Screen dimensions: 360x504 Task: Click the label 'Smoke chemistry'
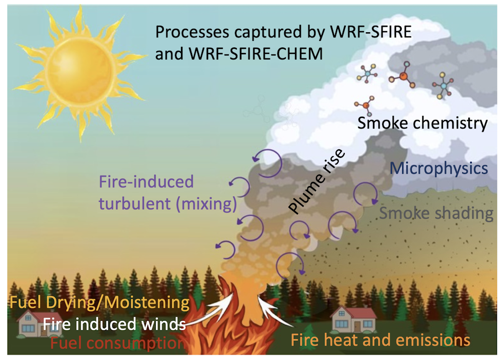(x=422, y=123)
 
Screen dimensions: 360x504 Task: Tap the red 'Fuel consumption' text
(x=118, y=344)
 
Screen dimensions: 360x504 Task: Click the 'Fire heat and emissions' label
(x=381, y=340)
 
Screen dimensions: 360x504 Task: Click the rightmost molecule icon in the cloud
(x=443, y=85)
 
